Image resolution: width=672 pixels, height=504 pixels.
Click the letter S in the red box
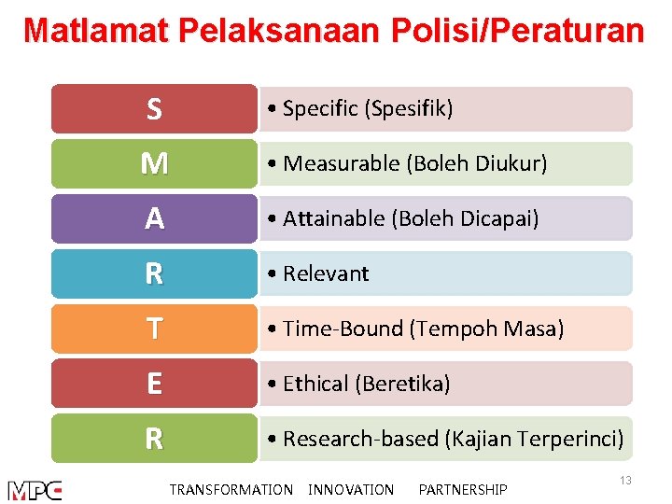click(154, 110)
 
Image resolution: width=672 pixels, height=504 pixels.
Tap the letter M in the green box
click(154, 164)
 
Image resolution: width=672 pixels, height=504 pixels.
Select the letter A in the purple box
click(154, 219)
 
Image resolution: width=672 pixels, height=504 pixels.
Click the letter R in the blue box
click(154, 274)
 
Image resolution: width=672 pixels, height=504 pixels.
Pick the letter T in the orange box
click(154, 329)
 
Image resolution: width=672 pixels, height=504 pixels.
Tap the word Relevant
click(326, 274)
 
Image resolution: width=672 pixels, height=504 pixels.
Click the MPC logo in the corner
click(35, 490)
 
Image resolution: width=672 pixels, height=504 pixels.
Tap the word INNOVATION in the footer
click(351, 490)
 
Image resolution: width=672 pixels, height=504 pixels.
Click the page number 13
click(625, 480)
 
